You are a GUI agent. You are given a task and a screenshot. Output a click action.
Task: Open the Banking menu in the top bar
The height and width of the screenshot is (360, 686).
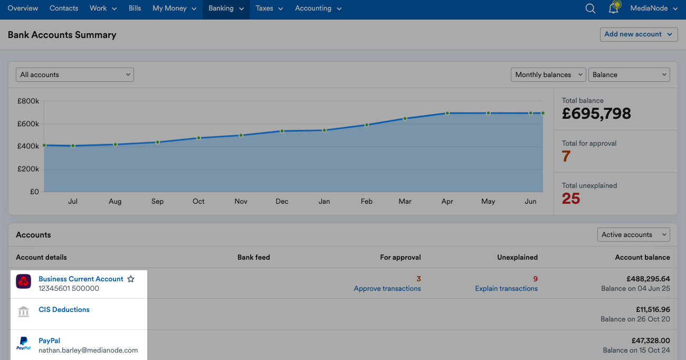point(226,8)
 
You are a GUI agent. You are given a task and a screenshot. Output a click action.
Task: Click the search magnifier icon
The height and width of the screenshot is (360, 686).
point(590,8)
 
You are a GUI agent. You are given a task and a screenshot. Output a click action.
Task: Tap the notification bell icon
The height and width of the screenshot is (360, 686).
point(613,8)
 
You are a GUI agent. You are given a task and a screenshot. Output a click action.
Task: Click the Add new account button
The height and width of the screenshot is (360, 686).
point(639,34)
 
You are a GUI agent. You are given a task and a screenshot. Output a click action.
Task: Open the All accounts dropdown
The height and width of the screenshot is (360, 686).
point(75,75)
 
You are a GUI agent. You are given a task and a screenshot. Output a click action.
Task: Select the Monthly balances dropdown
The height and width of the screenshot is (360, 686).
point(548,75)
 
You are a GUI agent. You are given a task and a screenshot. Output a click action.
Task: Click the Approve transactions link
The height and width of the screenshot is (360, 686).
point(387,289)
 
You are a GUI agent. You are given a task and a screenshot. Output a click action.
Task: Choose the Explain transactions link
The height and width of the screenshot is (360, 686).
point(506,289)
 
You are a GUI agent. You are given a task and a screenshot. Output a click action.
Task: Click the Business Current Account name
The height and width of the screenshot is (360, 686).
point(81,279)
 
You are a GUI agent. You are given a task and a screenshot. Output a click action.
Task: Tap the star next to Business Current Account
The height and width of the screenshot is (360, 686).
point(131,279)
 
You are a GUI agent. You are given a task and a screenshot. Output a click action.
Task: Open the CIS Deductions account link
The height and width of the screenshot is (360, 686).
point(64,310)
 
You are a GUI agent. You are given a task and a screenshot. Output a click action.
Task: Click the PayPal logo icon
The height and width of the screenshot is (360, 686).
point(23,343)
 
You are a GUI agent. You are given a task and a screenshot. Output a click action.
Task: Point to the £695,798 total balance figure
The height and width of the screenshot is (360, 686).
point(596,113)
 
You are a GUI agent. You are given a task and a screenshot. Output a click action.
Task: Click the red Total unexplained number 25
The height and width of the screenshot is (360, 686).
point(571,198)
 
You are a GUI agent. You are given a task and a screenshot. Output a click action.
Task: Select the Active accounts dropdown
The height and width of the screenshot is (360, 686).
point(633,235)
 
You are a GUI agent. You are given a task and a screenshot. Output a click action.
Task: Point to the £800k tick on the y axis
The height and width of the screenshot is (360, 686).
point(29,101)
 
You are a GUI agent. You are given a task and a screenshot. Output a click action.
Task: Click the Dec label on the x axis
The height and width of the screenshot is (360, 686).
point(282,202)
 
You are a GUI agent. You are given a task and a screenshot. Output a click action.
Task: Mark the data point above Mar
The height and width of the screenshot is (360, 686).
point(405,118)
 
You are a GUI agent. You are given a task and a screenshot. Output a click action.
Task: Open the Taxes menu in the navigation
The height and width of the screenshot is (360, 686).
point(269,8)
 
